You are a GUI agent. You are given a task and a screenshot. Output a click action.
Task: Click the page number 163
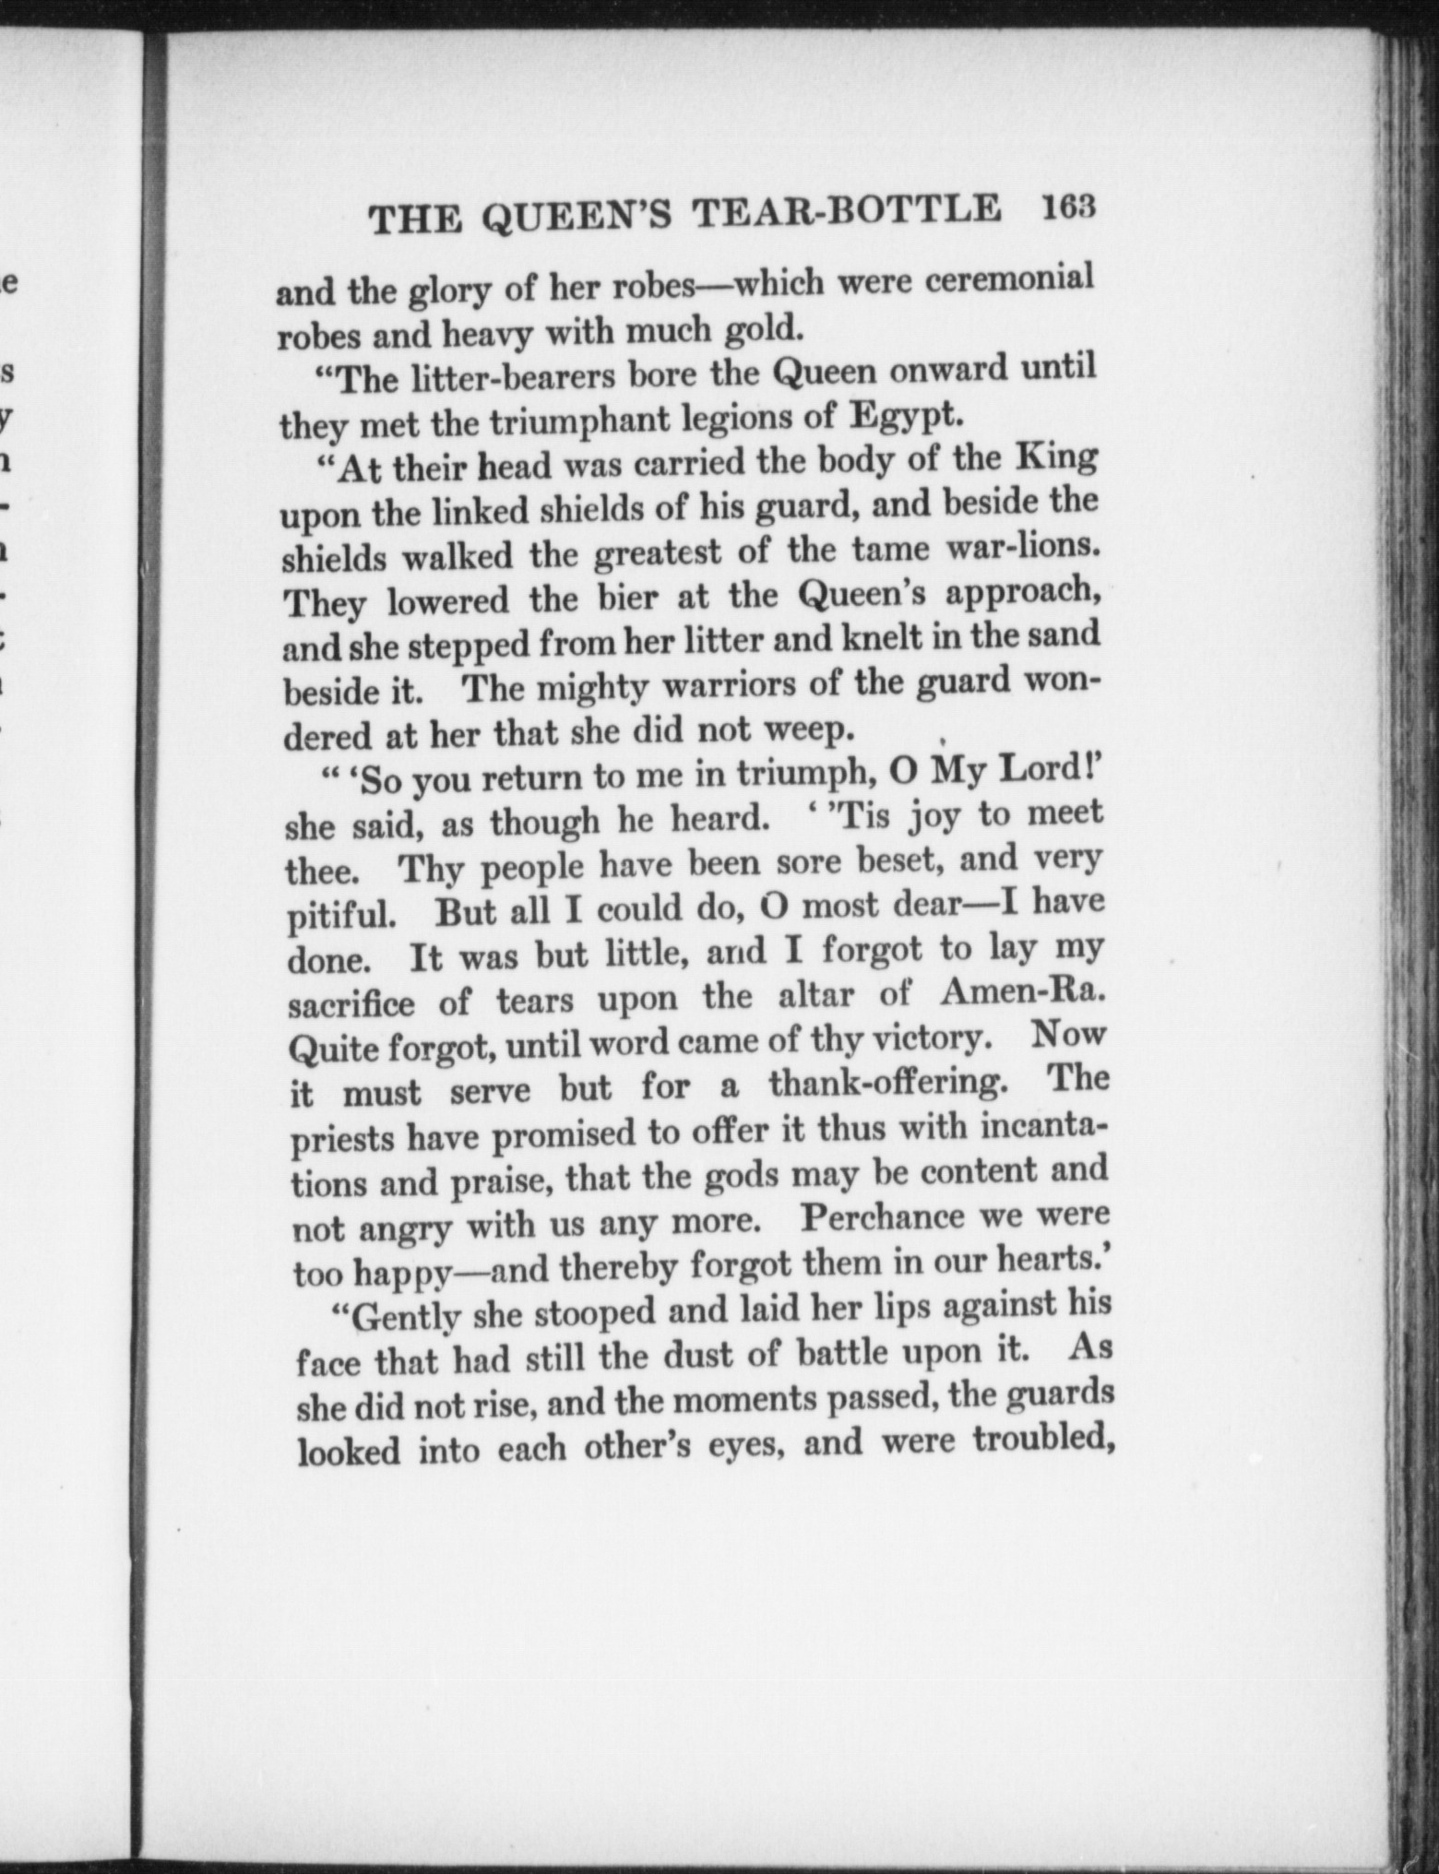(1065, 208)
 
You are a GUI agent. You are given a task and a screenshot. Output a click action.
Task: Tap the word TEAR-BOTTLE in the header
(848, 212)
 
